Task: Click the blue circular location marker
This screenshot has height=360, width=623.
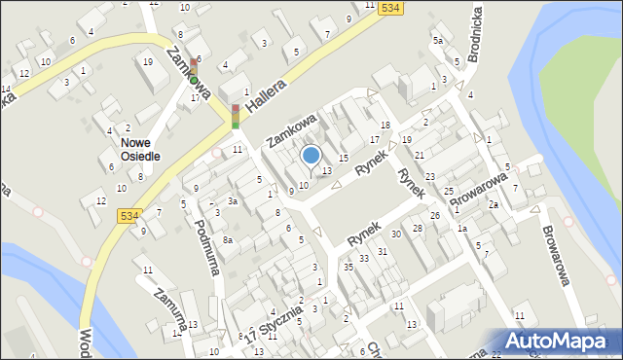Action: pos(311,155)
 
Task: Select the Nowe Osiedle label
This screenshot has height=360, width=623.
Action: pos(141,149)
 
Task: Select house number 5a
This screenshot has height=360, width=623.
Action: pos(438,41)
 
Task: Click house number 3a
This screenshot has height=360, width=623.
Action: pos(233,200)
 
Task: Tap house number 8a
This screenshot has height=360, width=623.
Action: pos(228,239)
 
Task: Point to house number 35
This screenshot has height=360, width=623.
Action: pos(348,267)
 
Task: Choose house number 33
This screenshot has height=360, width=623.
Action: pos(364,259)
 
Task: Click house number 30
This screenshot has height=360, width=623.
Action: pos(396,234)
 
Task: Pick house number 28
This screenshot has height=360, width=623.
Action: pos(418,228)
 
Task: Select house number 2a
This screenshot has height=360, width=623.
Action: pos(494,204)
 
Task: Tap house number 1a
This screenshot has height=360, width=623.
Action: pos(462,229)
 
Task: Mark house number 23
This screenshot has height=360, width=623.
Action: pos(429,176)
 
